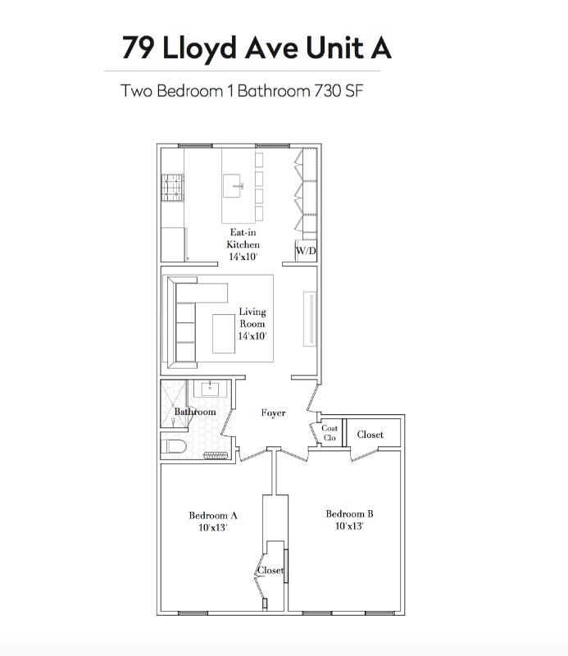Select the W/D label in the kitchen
305,251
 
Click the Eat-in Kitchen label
243,239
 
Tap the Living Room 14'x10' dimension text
252,335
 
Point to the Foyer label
274,412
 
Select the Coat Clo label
329,433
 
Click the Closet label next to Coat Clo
370,434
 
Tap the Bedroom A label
213,516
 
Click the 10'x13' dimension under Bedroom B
349,526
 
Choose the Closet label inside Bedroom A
271,570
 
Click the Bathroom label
195,412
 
